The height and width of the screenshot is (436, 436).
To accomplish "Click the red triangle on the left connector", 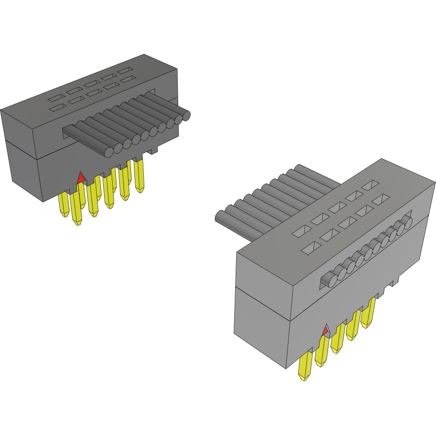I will [81, 178].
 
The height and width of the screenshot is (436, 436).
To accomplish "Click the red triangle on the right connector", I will [325, 332].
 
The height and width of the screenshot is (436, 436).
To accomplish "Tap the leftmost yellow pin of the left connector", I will [64, 206].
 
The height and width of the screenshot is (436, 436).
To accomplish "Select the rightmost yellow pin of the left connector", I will [139, 176].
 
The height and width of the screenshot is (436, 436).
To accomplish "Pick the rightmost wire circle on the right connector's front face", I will [407, 222].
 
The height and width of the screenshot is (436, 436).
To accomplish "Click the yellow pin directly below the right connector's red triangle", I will [322, 352].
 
